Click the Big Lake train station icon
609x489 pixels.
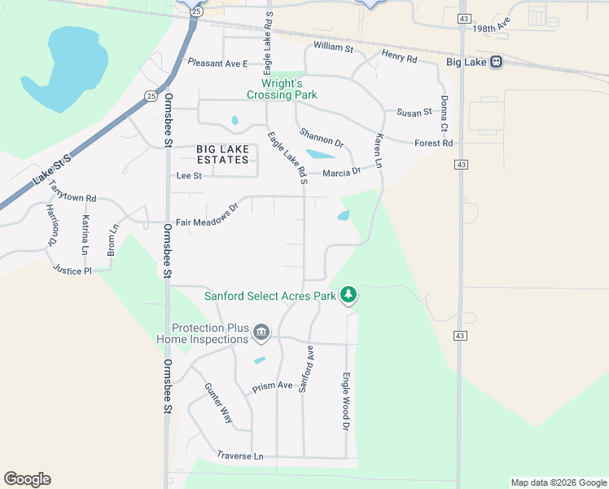(494, 62)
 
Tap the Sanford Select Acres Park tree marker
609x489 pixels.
(348, 294)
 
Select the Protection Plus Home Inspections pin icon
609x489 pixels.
(261, 331)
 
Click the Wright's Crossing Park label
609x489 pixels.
(289, 89)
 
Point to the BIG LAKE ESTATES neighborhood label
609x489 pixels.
(222, 154)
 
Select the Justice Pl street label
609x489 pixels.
(72, 269)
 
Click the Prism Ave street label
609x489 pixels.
(272, 386)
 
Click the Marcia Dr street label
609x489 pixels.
(341, 172)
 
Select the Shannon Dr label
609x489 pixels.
(321, 139)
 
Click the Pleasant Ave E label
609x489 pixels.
(217, 62)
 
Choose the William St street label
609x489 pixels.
(333, 48)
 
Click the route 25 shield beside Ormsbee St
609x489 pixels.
(151, 96)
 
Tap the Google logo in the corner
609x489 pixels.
(27, 479)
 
